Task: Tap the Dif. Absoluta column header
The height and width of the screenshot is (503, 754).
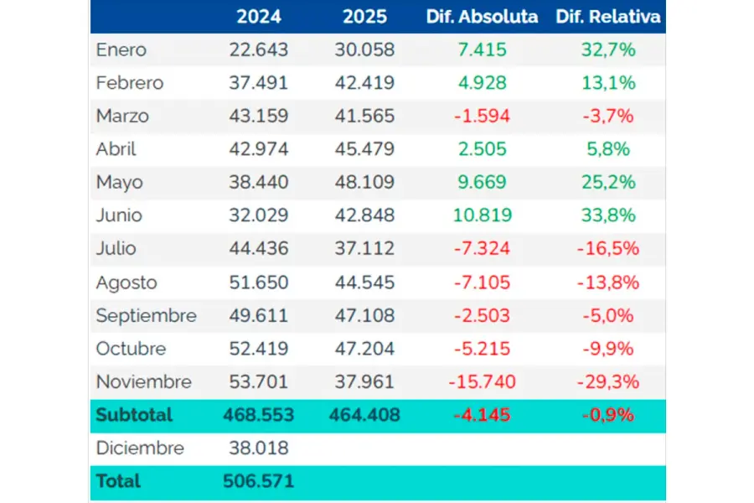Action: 482,17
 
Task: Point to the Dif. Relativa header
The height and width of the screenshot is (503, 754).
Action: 607,17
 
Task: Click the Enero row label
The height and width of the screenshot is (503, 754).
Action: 121,49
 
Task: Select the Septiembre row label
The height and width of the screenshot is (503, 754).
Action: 147,315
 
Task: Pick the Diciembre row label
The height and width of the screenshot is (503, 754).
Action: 140,448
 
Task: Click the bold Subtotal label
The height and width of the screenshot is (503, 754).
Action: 134,415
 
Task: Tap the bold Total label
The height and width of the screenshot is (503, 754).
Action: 118,481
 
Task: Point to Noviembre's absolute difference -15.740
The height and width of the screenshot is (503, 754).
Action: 482,382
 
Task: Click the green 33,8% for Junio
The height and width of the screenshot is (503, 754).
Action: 607,215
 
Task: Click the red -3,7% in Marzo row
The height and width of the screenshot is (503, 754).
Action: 607,116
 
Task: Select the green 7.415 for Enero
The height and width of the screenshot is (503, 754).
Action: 482,49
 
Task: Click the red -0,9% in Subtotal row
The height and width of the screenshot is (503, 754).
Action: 607,415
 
